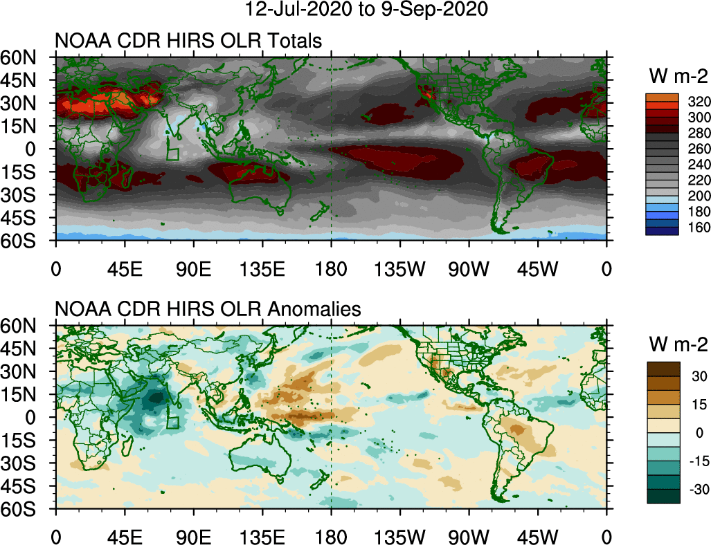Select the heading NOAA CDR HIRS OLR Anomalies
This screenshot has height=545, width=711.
click(x=208, y=310)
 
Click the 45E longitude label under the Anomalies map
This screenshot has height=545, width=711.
click(x=125, y=537)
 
